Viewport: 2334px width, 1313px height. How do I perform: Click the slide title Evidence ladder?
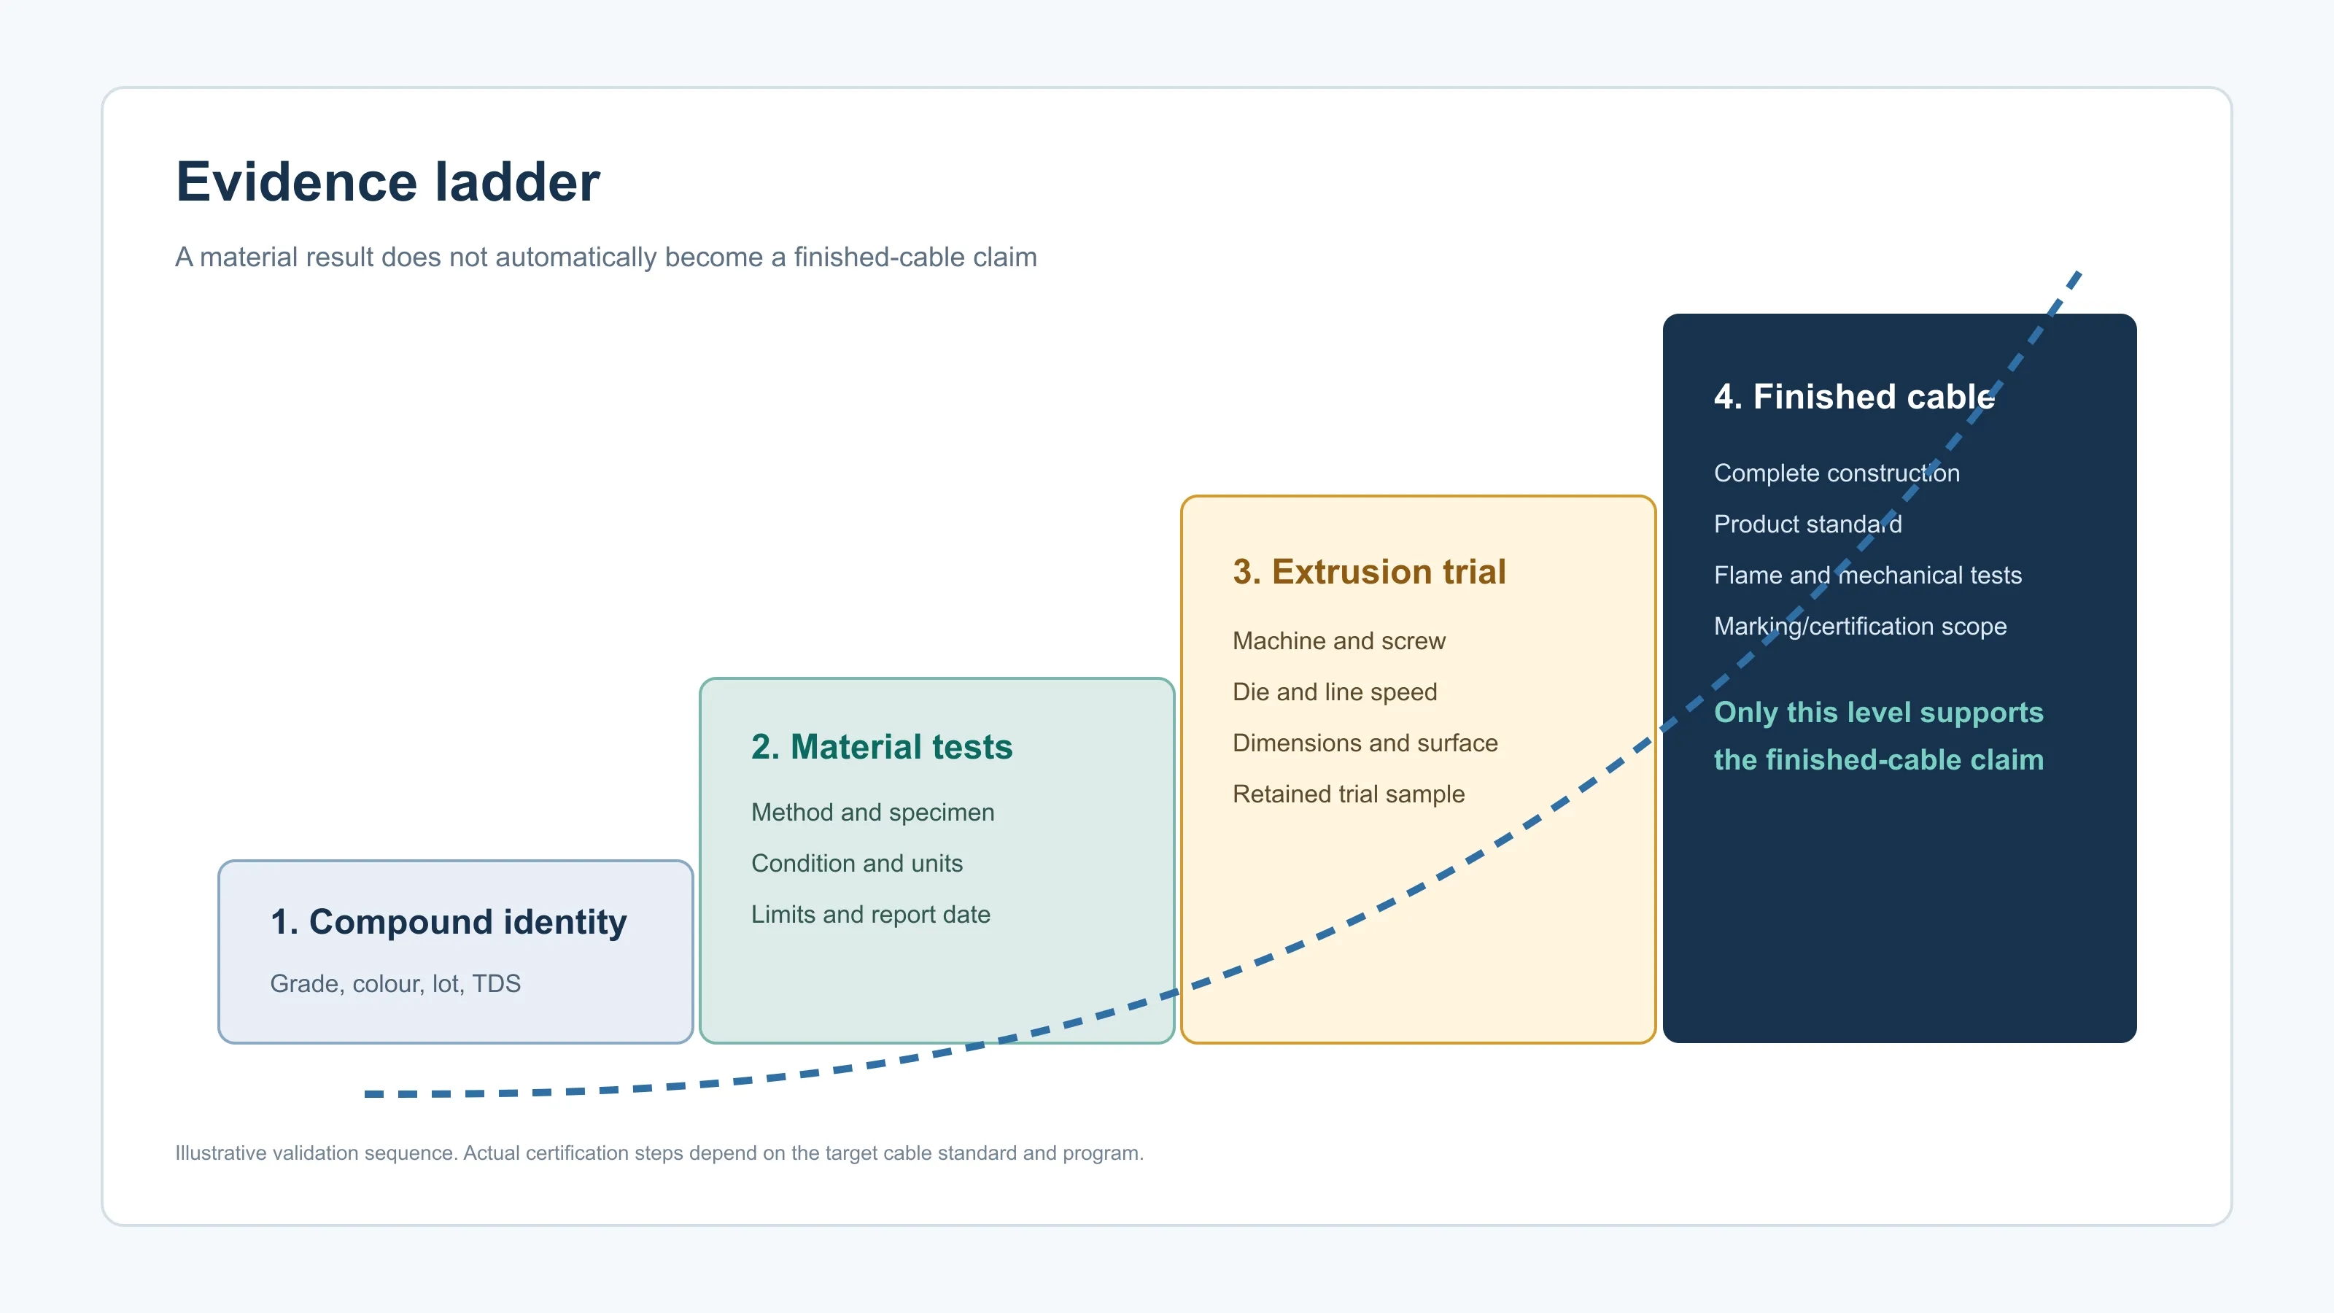tap(388, 182)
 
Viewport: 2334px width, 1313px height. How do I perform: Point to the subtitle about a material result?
tap(606, 257)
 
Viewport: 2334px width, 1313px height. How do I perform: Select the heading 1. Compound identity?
tap(449, 921)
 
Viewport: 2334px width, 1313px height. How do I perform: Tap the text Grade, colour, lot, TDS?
tap(395, 983)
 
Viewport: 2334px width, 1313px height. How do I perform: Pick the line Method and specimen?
tap(872, 812)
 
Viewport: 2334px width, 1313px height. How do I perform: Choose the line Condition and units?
tap(857, 863)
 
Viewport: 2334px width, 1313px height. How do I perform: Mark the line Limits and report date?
tap(871, 914)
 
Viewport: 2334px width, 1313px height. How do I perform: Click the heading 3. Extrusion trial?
tap(1369, 572)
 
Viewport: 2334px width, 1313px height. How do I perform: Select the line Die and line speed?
tap(1335, 692)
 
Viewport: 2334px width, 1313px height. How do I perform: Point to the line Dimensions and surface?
tap(1365, 743)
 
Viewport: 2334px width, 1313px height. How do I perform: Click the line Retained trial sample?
tap(1348, 794)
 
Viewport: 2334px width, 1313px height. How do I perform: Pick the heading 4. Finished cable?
tap(1855, 397)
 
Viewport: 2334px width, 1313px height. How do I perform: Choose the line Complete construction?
tap(1837, 473)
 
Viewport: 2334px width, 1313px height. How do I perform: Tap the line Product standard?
tap(1807, 524)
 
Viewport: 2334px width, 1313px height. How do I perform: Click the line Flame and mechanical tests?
tap(1867, 576)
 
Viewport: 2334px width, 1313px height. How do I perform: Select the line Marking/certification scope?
tap(1860, 626)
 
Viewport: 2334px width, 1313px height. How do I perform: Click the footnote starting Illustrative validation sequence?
tap(659, 1153)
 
